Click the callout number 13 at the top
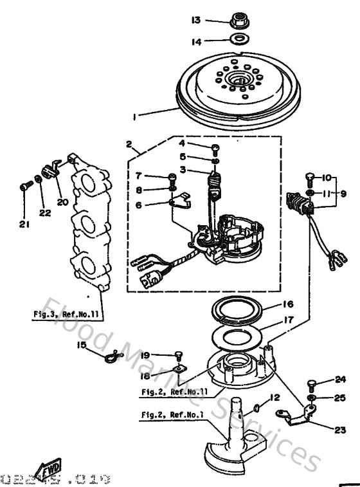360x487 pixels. [x=195, y=20]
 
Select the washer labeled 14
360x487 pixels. [x=240, y=41]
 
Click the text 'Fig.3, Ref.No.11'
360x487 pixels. [x=68, y=315]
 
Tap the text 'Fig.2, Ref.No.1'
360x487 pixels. [x=171, y=414]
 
